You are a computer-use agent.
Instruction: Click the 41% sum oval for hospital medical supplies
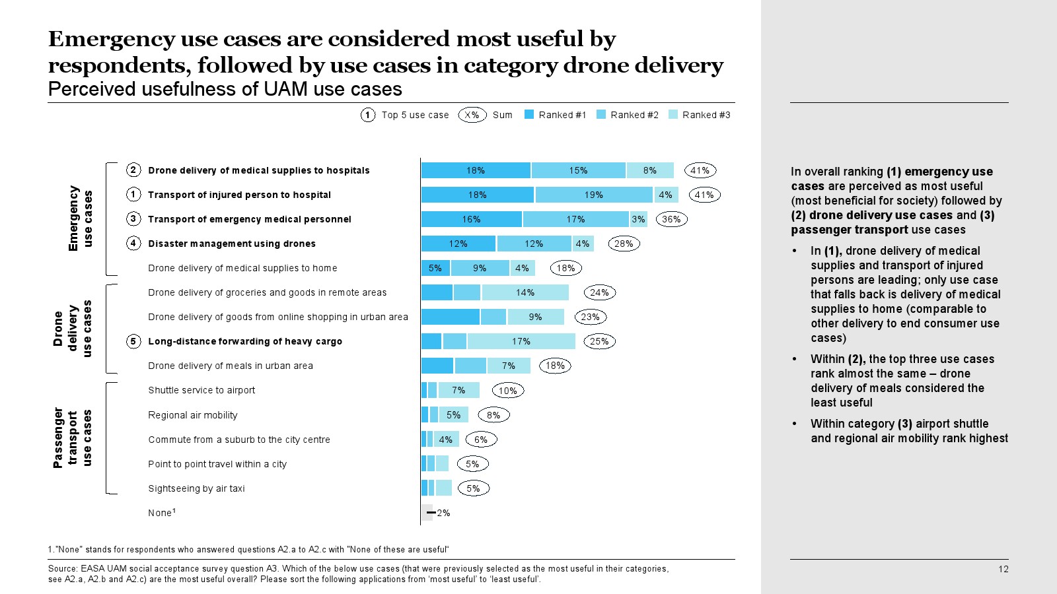click(x=700, y=170)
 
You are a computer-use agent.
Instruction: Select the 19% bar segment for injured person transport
click(x=594, y=195)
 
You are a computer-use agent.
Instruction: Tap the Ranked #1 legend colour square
click(x=529, y=114)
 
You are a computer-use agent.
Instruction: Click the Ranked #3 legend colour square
click(x=673, y=114)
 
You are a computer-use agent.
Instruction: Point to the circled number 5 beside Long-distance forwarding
click(x=133, y=341)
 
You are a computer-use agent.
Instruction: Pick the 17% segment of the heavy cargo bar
click(x=521, y=341)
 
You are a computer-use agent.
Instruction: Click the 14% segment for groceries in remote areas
click(x=525, y=292)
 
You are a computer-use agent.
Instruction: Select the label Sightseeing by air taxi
click(x=196, y=488)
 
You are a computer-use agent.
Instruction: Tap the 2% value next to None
click(x=443, y=513)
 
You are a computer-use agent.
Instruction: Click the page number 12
click(x=1003, y=569)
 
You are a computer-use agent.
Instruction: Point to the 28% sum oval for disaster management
click(x=624, y=244)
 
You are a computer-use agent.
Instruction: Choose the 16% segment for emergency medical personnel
click(x=472, y=219)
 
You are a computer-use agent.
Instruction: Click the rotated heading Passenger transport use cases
click(x=72, y=438)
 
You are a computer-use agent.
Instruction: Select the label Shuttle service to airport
click(x=201, y=390)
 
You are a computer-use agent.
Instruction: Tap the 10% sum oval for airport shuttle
click(x=508, y=391)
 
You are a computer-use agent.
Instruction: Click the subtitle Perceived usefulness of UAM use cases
click(x=225, y=89)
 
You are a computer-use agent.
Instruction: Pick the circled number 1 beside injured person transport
click(x=133, y=195)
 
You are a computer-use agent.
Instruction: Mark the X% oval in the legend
click(x=472, y=115)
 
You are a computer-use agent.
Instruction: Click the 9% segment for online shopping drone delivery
click(x=535, y=317)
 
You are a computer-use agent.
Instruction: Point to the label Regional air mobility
click(x=193, y=415)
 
